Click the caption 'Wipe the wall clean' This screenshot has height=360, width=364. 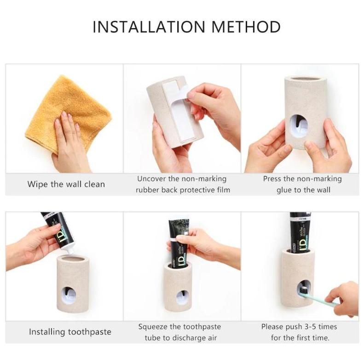[x=66, y=184]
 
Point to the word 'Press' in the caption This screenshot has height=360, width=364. [x=272, y=179]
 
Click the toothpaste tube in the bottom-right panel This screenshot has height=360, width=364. [x=300, y=232]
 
